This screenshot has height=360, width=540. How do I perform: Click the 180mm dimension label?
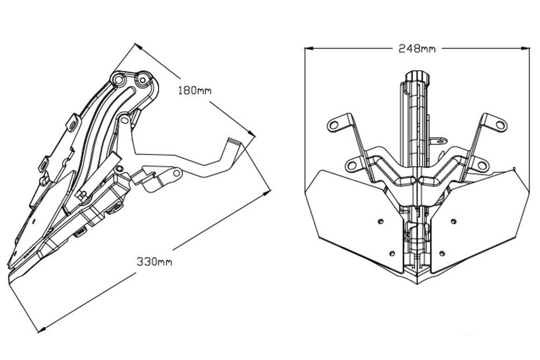(x=195, y=90)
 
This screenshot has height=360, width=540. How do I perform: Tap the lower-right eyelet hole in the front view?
(x=481, y=166)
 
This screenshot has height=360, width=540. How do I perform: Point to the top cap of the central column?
(x=417, y=74)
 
